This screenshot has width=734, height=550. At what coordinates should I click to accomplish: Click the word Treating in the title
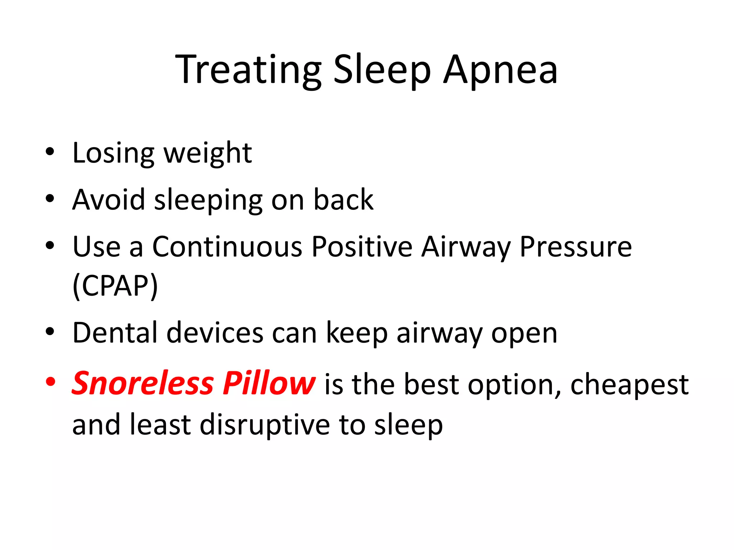248,69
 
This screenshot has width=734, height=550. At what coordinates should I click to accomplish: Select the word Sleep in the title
382,69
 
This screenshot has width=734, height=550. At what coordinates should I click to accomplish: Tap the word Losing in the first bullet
113,153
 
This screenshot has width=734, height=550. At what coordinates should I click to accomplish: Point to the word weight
208,153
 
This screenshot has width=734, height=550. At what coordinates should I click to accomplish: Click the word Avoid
108,199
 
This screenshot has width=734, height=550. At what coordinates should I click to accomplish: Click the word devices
215,333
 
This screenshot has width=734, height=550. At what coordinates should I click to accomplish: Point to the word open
524,333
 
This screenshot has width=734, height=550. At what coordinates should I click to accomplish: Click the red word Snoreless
143,383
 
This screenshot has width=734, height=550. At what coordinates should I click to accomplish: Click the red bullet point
50,382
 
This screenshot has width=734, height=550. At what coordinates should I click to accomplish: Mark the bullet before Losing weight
50,152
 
